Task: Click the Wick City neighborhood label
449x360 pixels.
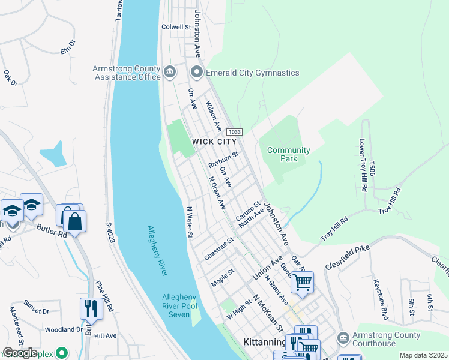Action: [x=210, y=141]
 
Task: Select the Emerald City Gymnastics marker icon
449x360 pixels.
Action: [x=197, y=73]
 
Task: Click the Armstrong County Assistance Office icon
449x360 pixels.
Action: [x=170, y=73]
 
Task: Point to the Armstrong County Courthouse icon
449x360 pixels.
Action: [x=343, y=339]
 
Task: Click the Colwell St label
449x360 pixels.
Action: [x=176, y=27]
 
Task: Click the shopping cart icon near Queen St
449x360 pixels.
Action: [x=302, y=281]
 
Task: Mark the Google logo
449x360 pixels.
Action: [x=19, y=353]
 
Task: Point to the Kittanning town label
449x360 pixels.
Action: [x=264, y=342]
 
